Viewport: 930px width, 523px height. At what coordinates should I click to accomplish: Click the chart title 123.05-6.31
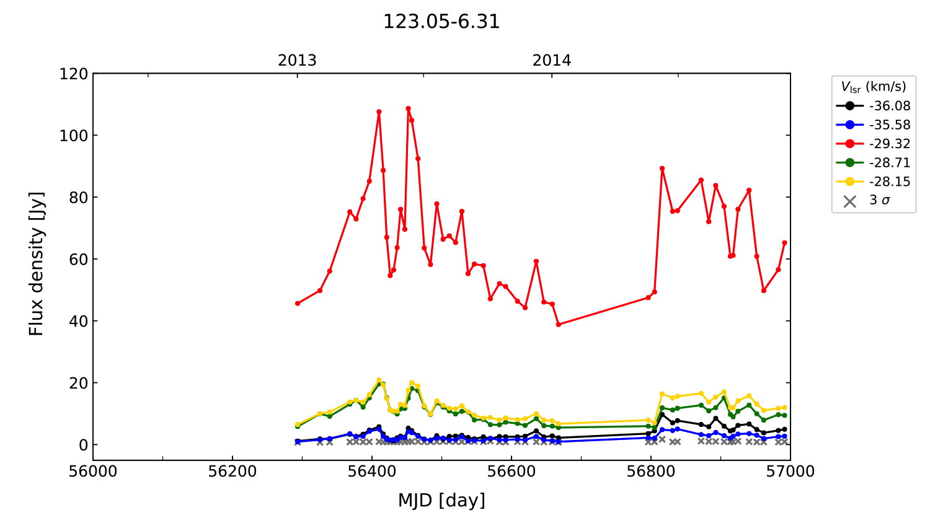point(441,22)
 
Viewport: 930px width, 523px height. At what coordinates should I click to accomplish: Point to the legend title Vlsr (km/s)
point(873,87)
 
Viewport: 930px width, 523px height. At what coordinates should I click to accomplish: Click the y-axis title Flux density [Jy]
point(37,264)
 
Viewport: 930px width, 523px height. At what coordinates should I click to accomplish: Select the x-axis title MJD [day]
point(441,500)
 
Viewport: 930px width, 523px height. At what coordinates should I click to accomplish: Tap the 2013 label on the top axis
point(297,61)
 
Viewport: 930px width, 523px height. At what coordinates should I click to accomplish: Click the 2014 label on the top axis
point(552,61)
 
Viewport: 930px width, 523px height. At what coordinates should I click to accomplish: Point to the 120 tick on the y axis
point(74,74)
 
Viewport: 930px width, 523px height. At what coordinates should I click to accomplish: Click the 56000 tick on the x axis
point(93,472)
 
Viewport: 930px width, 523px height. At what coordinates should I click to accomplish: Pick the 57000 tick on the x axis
point(790,472)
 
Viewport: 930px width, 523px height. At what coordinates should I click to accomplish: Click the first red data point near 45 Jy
point(298,303)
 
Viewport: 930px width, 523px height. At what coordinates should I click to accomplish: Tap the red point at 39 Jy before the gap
point(559,324)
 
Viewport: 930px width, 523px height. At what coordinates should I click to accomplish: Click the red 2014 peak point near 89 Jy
point(662,169)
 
